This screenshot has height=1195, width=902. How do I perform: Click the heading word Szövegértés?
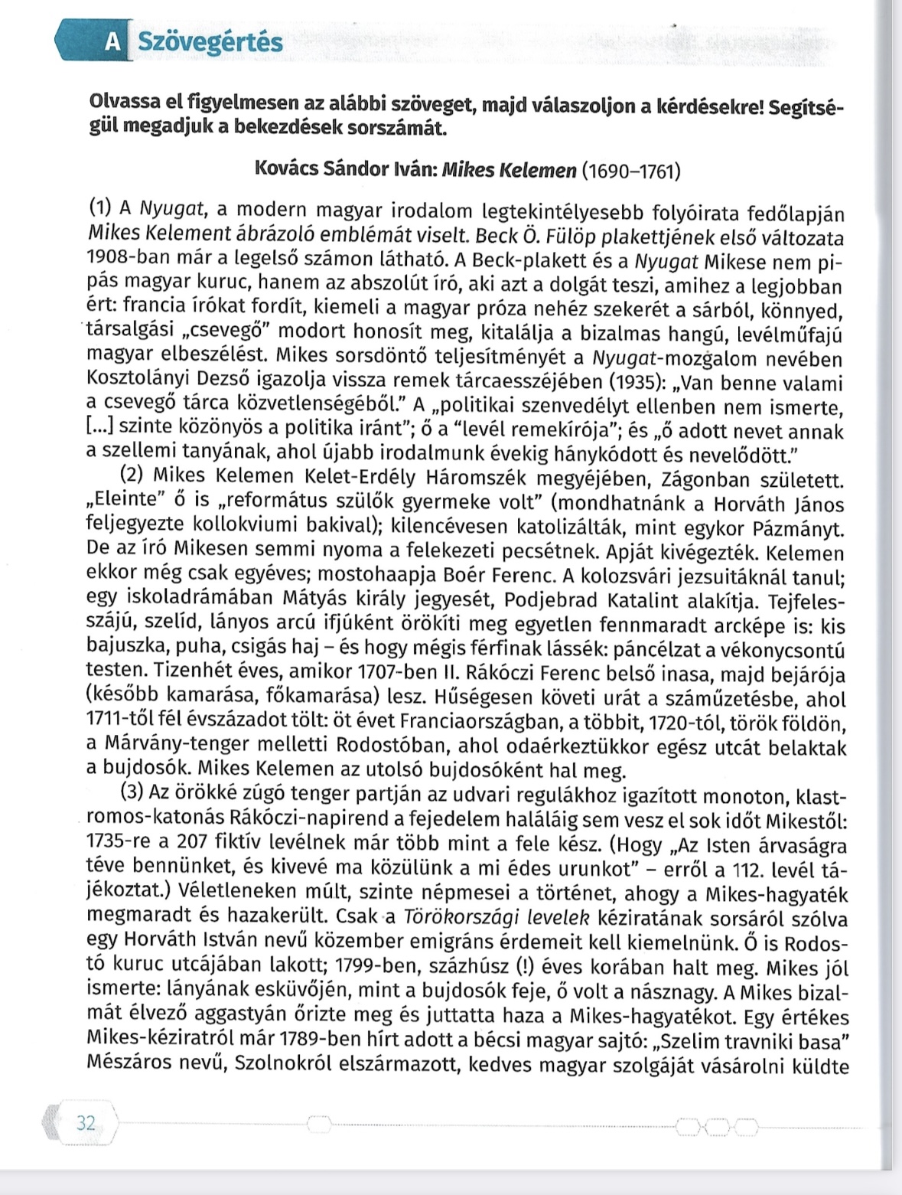(210, 42)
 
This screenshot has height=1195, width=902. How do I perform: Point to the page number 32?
(86, 1123)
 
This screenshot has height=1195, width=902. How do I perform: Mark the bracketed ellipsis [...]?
(100, 431)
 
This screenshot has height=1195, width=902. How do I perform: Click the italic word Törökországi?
(451, 917)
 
